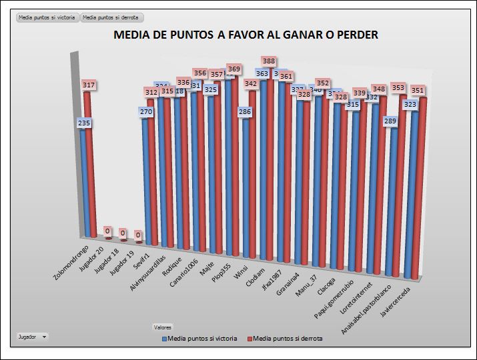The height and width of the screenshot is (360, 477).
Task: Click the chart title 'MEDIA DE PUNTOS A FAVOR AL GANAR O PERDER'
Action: [x=246, y=35]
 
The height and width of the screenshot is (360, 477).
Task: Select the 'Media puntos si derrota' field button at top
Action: [x=112, y=17]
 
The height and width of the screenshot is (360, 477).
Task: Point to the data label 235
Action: [x=84, y=123]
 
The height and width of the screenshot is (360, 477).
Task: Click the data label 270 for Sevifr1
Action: [x=145, y=112]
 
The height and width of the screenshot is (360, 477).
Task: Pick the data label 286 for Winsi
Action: [x=245, y=112]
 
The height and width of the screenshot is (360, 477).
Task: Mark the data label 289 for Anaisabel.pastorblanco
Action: [x=390, y=121]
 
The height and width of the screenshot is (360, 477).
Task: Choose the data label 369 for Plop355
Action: [x=233, y=69]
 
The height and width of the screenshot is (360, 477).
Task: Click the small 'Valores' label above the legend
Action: [x=163, y=327]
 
